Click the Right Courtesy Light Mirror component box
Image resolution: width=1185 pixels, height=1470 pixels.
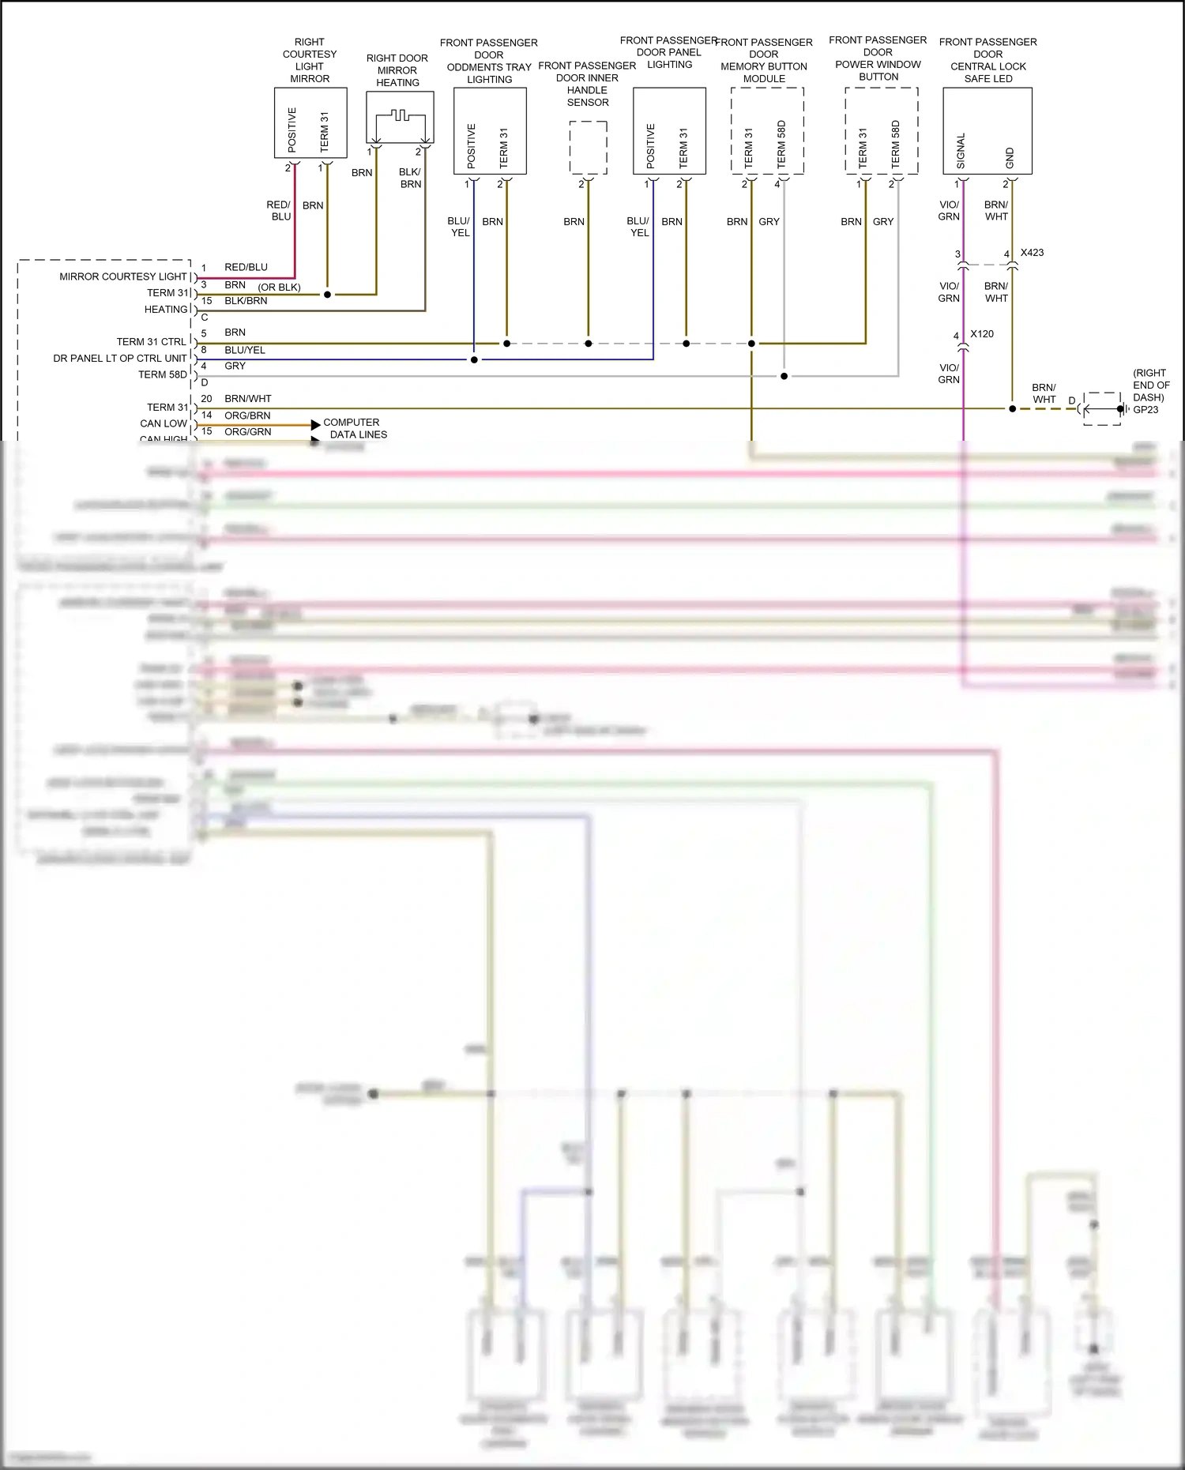click(x=310, y=122)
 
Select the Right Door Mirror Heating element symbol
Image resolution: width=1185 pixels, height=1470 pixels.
click(x=400, y=116)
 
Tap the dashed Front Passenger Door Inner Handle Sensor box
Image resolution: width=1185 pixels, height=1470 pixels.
click(x=588, y=148)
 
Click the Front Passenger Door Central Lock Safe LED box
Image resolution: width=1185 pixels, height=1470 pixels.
click(x=987, y=130)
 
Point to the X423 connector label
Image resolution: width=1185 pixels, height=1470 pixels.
click(x=1032, y=253)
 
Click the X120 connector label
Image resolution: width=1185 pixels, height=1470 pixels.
click(x=981, y=334)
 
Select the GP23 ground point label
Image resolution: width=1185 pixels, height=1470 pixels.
click(x=1145, y=410)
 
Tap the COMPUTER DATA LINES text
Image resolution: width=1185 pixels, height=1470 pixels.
click(x=355, y=428)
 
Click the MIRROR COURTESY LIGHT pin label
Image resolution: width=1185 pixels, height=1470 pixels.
click(x=122, y=276)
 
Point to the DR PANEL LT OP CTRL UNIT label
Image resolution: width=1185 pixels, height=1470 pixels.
click(x=119, y=359)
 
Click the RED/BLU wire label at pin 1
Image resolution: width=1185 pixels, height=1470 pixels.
click(x=246, y=267)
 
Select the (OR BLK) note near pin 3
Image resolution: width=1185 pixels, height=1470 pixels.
click(x=279, y=287)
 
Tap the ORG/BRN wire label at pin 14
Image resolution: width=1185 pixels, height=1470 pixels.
click(x=247, y=415)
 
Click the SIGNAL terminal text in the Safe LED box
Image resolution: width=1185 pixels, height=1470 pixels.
click(x=961, y=150)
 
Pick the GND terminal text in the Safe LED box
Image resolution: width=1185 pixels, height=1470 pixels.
click(x=1009, y=157)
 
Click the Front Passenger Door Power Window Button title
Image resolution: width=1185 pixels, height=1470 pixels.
click(x=878, y=58)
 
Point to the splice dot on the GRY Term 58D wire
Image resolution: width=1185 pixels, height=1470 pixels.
click(x=784, y=376)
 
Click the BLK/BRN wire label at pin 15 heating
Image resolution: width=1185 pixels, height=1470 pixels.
click(x=246, y=301)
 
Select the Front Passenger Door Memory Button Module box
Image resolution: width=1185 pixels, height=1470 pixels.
click(x=766, y=130)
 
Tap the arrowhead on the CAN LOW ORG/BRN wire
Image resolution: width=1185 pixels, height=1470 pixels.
click(x=316, y=425)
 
